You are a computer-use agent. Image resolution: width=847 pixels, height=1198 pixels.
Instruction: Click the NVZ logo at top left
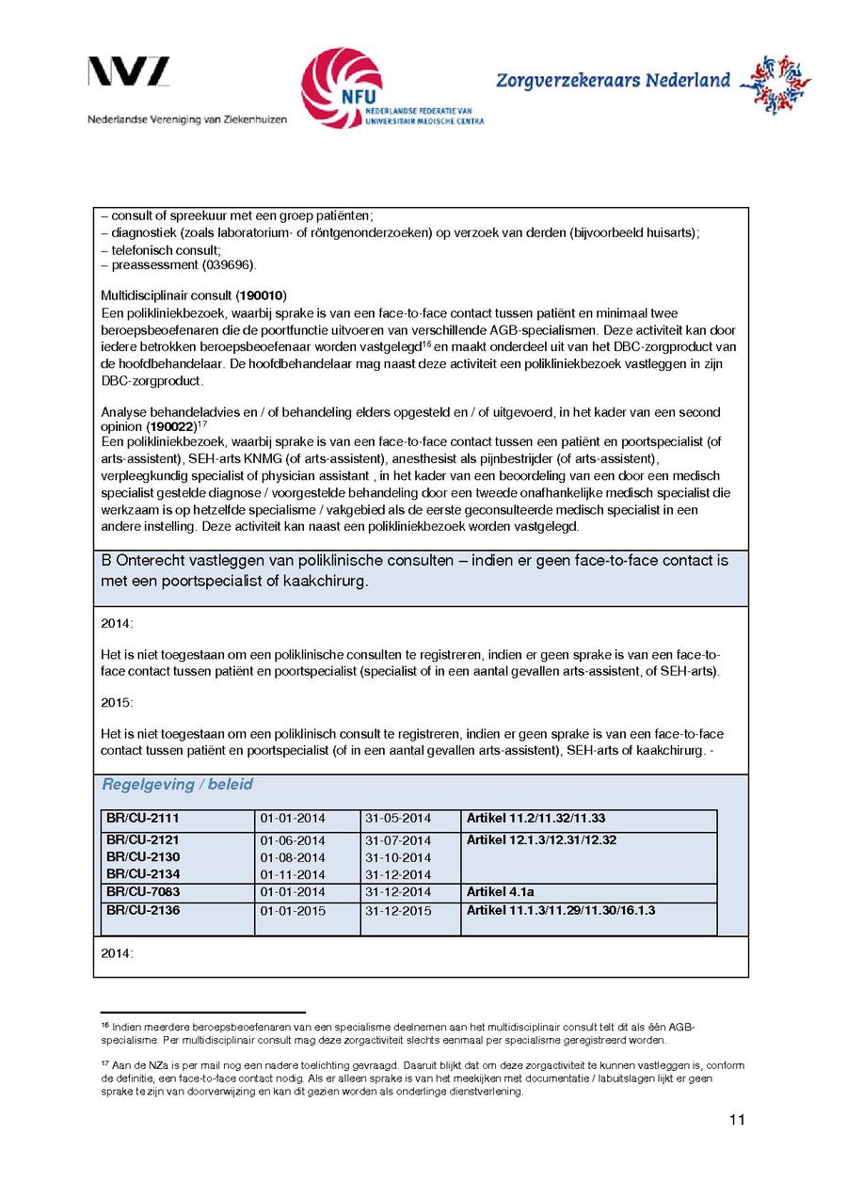click(129, 72)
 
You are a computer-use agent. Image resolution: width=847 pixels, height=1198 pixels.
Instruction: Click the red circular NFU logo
click(342, 88)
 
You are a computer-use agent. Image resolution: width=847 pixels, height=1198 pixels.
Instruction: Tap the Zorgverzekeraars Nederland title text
click(613, 81)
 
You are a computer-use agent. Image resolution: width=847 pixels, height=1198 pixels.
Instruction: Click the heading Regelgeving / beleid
click(177, 785)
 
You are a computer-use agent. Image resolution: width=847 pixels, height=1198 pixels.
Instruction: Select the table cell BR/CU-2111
click(142, 819)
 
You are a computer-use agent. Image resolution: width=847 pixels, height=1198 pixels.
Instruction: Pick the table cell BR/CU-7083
click(142, 891)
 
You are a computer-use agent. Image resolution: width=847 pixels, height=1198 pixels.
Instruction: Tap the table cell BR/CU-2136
click(142, 910)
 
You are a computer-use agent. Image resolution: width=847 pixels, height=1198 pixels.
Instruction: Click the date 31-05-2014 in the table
click(397, 819)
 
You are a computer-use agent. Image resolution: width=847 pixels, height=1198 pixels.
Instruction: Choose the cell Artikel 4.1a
click(500, 891)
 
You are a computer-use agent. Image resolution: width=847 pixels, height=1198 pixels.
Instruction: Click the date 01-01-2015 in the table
click(293, 911)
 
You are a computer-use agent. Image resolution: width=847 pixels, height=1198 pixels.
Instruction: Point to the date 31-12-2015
click(397, 911)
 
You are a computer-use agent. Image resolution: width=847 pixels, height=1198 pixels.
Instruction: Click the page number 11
click(736, 1120)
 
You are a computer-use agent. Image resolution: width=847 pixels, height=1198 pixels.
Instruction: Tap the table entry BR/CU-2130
click(142, 857)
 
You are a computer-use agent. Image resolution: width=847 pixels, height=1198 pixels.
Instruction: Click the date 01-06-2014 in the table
click(293, 840)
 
